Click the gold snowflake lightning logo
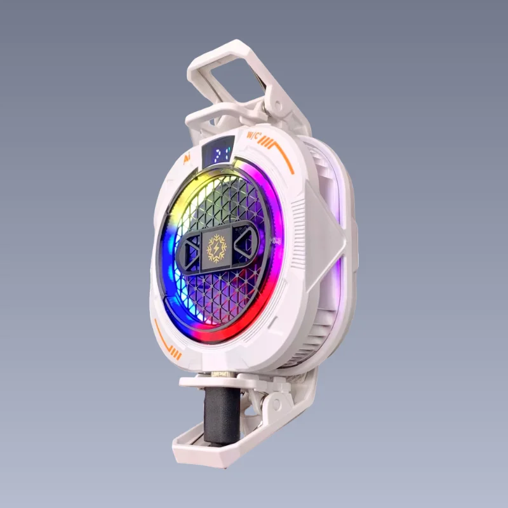click(216, 248)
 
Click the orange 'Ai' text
click(187, 157)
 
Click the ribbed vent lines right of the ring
click(298, 222)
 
